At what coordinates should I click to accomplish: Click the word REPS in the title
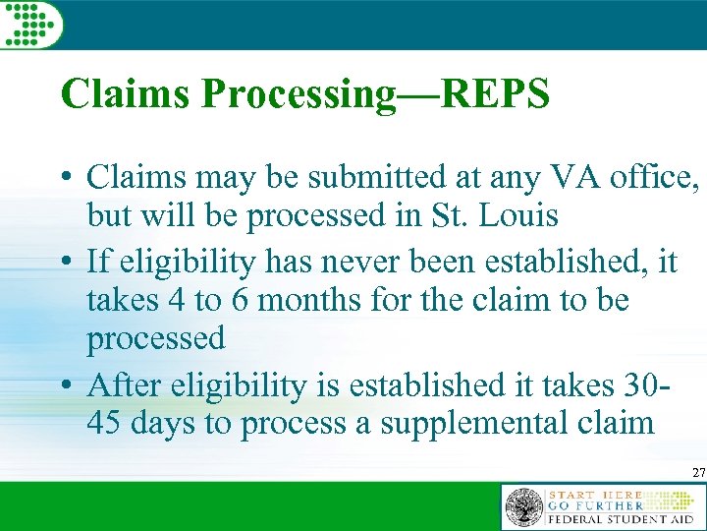[x=496, y=94]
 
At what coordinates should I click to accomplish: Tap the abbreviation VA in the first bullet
[x=573, y=178]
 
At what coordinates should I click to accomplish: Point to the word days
[x=170, y=423]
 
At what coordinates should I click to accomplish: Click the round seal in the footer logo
[x=523, y=508]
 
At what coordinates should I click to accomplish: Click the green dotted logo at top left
[x=30, y=23]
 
